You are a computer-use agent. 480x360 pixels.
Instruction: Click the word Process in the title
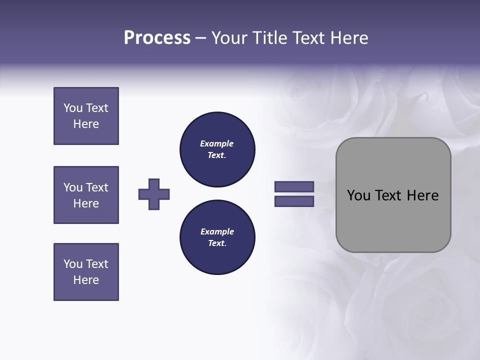(x=157, y=38)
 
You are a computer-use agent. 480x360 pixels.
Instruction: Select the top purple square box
(x=86, y=116)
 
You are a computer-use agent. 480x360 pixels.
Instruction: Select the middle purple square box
(x=86, y=195)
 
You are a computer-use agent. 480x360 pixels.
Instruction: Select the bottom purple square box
(x=86, y=272)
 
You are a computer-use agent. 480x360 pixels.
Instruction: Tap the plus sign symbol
(x=154, y=194)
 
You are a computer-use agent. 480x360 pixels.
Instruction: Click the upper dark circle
(x=217, y=149)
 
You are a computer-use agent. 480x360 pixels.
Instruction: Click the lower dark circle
(x=217, y=237)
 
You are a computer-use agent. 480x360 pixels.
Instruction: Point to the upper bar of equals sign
(x=294, y=186)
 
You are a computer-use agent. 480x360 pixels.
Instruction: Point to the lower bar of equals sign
(x=294, y=201)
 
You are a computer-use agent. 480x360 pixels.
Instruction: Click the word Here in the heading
(x=348, y=38)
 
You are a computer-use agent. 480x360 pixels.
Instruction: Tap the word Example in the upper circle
(x=216, y=143)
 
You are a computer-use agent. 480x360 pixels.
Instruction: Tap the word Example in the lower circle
(x=217, y=231)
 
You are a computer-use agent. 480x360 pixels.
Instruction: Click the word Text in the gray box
(x=389, y=195)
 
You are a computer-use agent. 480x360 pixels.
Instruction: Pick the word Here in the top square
(x=86, y=124)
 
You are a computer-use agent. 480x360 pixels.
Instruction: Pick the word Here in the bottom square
(x=86, y=280)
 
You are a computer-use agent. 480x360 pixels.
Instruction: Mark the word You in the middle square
(x=73, y=187)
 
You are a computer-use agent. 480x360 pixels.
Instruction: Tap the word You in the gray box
(x=358, y=195)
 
